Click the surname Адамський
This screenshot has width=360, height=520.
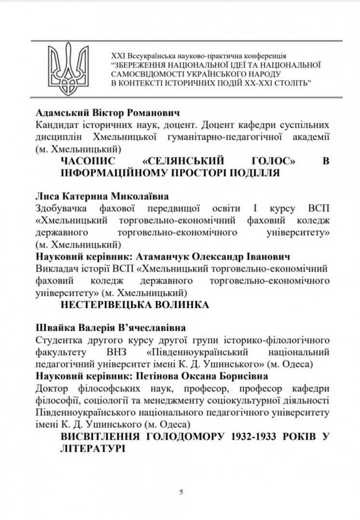pos(60,113)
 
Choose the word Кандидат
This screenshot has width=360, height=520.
pos(57,125)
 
